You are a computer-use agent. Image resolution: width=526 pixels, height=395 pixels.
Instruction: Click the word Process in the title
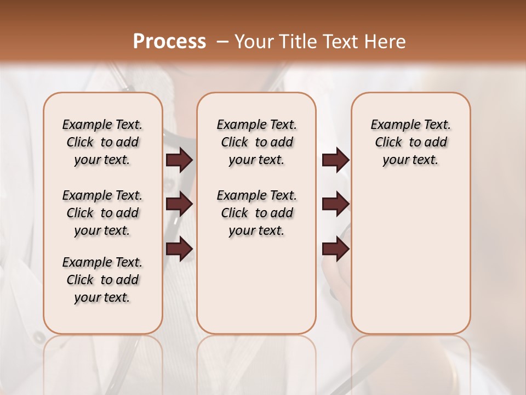tap(169, 41)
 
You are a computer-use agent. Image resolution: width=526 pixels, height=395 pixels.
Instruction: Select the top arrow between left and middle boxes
tap(179, 160)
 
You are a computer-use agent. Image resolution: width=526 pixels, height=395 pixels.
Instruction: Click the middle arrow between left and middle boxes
tap(179, 204)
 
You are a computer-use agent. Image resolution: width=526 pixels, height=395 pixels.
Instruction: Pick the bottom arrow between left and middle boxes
tap(179, 249)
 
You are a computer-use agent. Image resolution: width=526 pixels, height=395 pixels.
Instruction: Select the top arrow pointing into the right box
tap(335, 160)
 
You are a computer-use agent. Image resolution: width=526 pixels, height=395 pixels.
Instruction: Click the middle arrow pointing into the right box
tap(335, 204)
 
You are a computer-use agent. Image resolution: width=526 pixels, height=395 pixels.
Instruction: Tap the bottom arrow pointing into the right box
tap(335, 249)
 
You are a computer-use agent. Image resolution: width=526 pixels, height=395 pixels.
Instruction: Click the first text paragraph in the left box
tap(102, 142)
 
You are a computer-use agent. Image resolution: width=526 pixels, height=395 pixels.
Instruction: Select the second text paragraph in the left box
tap(102, 213)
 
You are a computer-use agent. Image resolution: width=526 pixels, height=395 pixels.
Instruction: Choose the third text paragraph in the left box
tap(102, 280)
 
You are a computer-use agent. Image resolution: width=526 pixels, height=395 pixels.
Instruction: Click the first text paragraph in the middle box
tap(256, 142)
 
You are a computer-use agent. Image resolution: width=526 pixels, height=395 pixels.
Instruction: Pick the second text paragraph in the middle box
tap(256, 213)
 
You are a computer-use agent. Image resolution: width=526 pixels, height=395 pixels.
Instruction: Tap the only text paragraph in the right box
tap(410, 142)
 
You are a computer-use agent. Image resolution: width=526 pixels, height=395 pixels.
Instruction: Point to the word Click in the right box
tap(388, 143)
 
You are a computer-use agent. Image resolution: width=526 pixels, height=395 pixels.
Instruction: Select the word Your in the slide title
tap(250, 41)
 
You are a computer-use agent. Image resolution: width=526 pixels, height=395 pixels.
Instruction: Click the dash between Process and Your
tap(222, 41)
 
